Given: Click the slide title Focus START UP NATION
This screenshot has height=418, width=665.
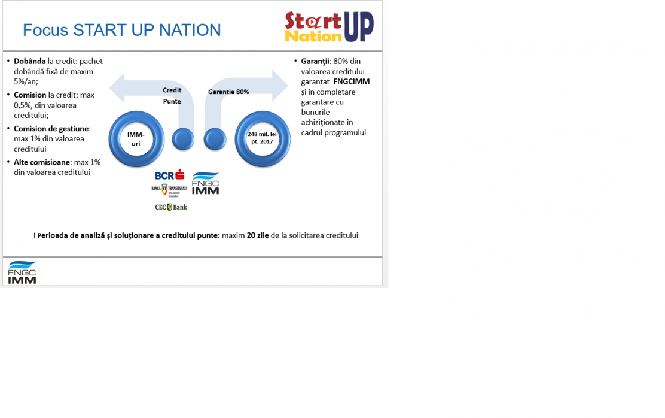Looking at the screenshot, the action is (122, 30).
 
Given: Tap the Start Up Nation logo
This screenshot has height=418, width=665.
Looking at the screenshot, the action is (329, 26).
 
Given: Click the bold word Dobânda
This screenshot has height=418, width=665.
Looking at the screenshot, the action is (30, 61).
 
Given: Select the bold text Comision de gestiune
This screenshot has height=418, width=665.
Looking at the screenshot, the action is (51, 129).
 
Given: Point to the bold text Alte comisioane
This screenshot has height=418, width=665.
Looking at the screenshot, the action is (42, 162).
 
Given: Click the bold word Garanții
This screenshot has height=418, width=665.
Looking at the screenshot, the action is (315, 62).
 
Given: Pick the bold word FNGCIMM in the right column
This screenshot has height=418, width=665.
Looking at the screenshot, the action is (352, 81).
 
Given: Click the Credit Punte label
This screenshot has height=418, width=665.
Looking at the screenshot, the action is (172, 96).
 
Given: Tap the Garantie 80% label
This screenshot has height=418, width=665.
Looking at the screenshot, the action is (228, 92).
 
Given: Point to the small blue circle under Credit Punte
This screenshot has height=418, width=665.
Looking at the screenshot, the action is (183, 139).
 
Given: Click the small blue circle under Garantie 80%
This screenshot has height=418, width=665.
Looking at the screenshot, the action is (215, 139).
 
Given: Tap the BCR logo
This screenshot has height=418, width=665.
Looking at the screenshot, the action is (170, 175).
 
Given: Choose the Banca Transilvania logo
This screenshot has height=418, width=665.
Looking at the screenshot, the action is (169, 190).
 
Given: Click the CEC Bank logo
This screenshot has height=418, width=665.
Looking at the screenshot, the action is (171, 207).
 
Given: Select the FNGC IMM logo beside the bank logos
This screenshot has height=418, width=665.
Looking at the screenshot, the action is (206, 183).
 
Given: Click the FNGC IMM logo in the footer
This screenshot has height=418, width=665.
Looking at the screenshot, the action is (22, 272).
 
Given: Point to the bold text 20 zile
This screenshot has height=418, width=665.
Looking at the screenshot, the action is (258, 235).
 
